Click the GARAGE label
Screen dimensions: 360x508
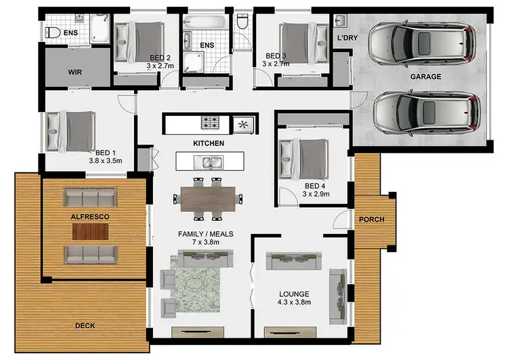tap(425, 77)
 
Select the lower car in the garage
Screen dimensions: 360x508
tap(426, 111)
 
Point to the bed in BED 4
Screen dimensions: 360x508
tap(305, 159)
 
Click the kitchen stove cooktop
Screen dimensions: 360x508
tap(210, 123)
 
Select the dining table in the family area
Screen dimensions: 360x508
tap(209, 198)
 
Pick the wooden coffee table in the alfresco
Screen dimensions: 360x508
tap(90, 231)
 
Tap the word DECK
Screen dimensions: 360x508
tap(85, 326)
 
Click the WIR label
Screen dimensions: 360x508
tap(75, 71)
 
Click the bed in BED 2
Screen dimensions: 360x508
tap(139, 40)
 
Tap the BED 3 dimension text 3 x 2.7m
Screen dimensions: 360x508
tap(276, 64)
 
